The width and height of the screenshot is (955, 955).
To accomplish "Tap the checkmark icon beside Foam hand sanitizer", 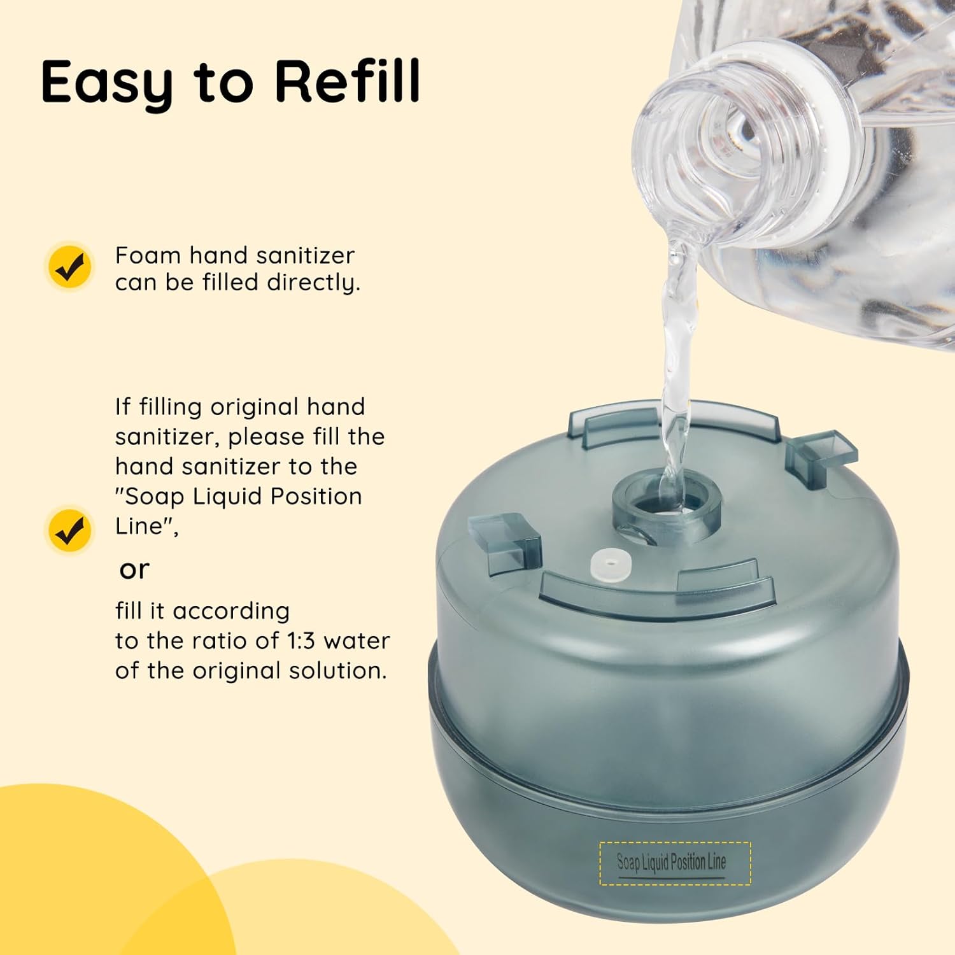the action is tap(71, 265).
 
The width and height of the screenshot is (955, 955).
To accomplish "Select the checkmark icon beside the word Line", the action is tap(71, 530).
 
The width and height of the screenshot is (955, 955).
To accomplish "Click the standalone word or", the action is tap(134, 570).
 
